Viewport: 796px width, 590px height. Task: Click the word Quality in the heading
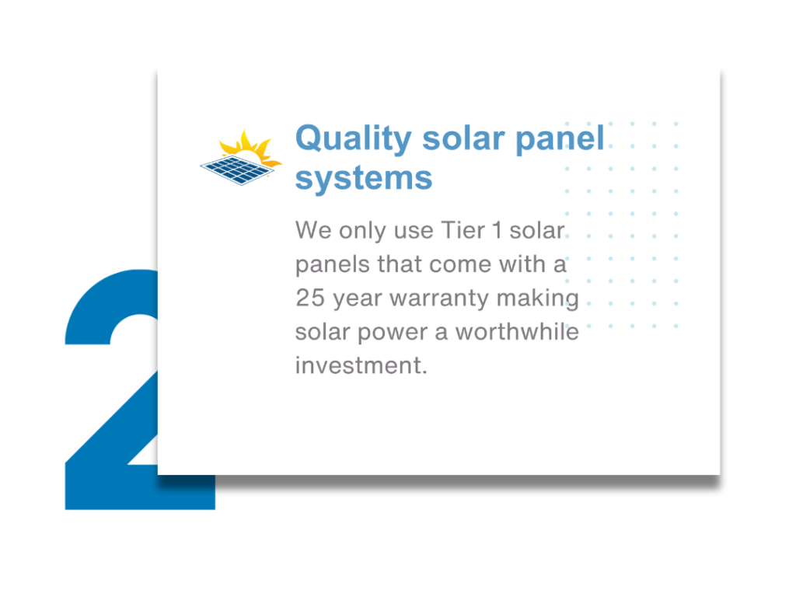354,138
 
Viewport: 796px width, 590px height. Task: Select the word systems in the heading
364,178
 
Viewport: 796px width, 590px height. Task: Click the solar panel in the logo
238,170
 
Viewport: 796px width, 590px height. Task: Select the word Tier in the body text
463,230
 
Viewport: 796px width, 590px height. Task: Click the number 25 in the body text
310,298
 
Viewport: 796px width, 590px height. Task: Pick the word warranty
438,298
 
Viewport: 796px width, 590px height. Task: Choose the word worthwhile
517,332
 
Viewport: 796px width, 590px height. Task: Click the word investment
361,365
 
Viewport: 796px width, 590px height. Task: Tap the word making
538,298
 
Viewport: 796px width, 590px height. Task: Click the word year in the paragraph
358,299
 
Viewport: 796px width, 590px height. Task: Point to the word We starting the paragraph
313,230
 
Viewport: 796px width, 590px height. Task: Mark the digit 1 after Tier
497,230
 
